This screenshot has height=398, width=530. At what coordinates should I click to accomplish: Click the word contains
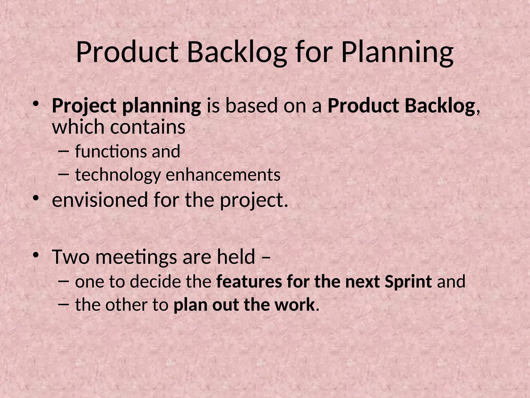(148, 127)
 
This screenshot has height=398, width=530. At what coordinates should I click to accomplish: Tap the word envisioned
(100, 200)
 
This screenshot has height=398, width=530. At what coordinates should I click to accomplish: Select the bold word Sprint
(408, 282)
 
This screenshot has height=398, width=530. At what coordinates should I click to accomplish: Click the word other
(126, 305)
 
